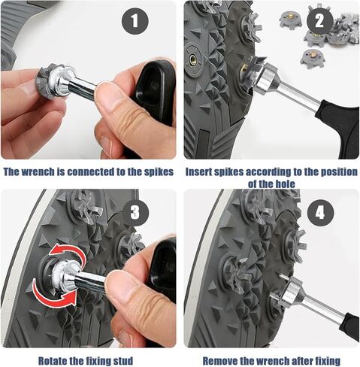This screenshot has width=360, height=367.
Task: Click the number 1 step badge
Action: pos(135,21)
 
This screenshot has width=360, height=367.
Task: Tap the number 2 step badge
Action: pos(319,21)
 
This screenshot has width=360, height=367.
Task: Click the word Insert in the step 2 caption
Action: pos(200,172)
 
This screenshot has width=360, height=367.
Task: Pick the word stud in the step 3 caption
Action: pos(123,361)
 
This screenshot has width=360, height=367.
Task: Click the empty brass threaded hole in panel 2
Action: pos(192,59)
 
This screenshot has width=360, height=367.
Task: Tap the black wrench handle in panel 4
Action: pos(349,325)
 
